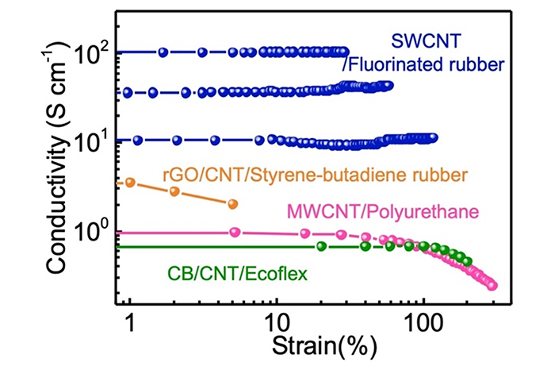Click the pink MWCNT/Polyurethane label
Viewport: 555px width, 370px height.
click(x=416, y=210)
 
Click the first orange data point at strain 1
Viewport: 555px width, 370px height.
click(x=130, y=182)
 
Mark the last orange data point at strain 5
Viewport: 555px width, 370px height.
click(x=232, y=204)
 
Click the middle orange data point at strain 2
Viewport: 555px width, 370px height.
click(x=174, y=191)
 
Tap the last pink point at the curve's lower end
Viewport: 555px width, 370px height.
click(x=492, y=285)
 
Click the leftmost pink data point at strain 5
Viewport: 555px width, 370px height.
click(x=234, y=232)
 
